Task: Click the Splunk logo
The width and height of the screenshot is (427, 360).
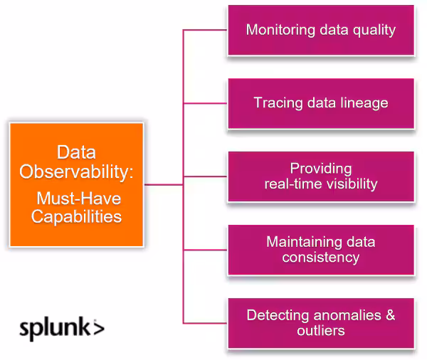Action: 61,329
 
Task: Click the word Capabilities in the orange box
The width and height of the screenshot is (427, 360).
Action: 76,216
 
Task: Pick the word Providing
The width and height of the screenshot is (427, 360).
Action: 320,169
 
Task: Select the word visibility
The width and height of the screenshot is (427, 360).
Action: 351,184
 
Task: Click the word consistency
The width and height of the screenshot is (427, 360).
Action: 320,257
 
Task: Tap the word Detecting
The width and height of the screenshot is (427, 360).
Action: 278,315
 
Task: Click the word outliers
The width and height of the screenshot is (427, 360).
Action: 320,330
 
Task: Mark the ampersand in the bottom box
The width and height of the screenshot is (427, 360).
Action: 389,315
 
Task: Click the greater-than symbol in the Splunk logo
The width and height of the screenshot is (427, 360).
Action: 98,328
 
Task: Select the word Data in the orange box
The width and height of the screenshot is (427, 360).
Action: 76,153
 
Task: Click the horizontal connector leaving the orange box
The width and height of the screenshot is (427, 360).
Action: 164,184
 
